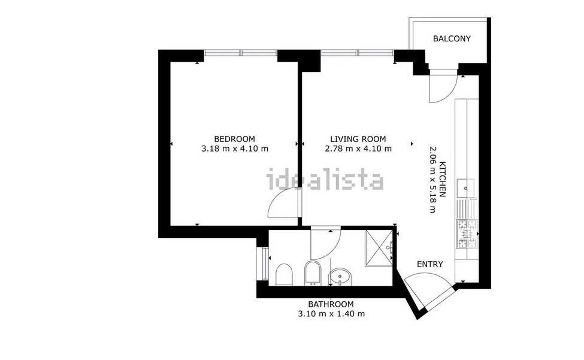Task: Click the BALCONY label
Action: (x=452, y=38)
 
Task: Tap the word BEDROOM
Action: (x=235, y=139)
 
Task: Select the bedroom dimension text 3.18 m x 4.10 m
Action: (x=235, y=149)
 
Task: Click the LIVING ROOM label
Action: (x=358, y=139)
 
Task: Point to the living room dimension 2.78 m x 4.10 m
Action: (x=358, y=149)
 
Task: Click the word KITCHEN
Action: (x=443, y=179)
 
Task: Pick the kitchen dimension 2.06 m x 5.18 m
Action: (x=433, y=179)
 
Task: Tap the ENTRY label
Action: (x=430, y=264)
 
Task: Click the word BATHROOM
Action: (x=331, y=304)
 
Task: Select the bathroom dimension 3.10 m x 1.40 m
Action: (x=331, y=314)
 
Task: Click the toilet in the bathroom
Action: (x=284, y=274)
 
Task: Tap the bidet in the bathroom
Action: (x=312, y=273)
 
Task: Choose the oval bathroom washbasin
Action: (x=339, y=277)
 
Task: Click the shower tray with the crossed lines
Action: (x=379, y=248)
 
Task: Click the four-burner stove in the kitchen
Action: (x=467, y=234)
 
